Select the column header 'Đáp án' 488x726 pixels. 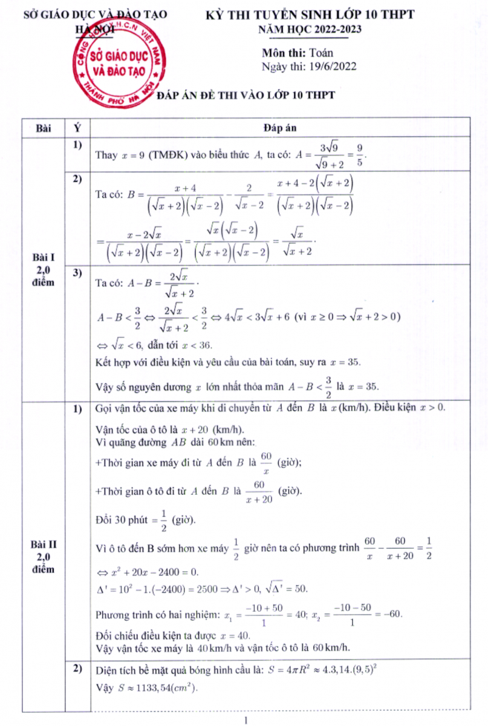pyautogui.click(x=279, y=128)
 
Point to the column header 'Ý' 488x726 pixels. pyautogui.click(x=77, y=128)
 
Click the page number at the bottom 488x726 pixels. pyautogui.click(x=245, y=720)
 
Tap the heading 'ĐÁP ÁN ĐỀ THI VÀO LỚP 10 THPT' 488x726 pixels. pyautogui.click(x=246, y=95)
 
